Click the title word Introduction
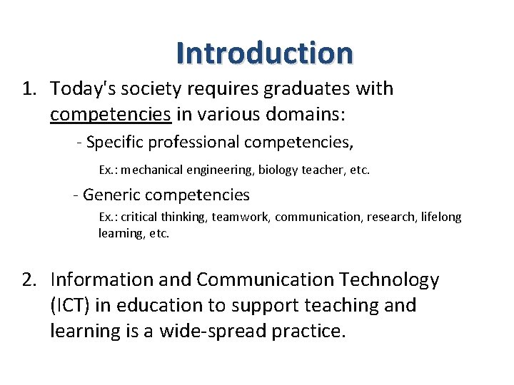coord(264,53)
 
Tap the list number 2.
coord(29,280)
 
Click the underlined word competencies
coord(111,114)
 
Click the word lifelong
coord(441,217)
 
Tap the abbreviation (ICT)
coord(71,306)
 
